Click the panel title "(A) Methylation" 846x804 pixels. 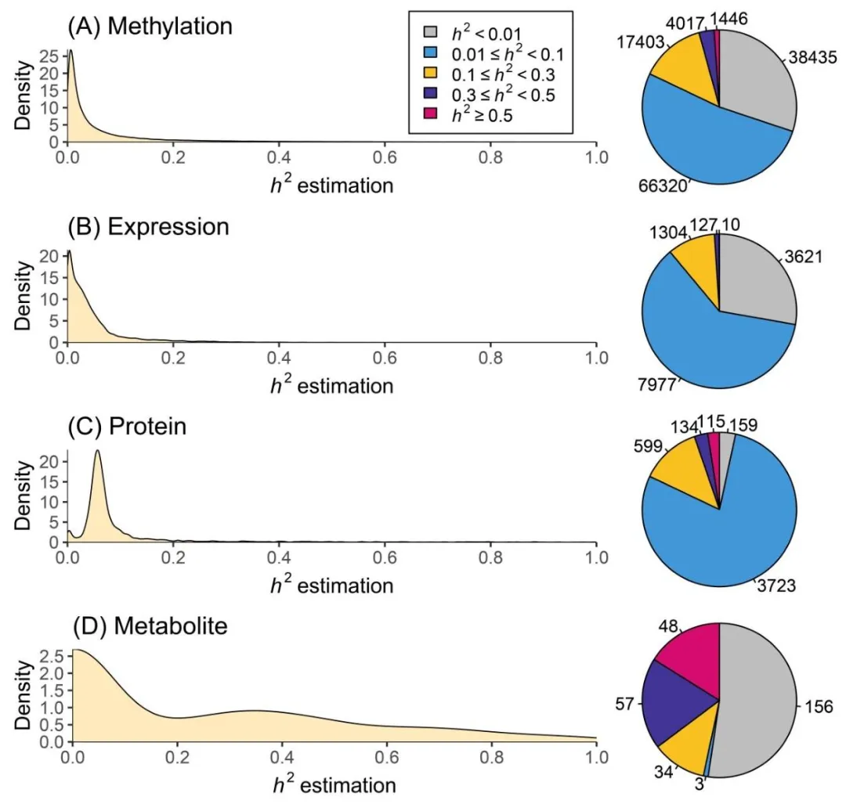(x=150, y=27)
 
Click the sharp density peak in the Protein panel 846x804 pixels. (x=97, y=451)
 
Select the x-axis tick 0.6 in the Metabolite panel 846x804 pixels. (x=384, y=758)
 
